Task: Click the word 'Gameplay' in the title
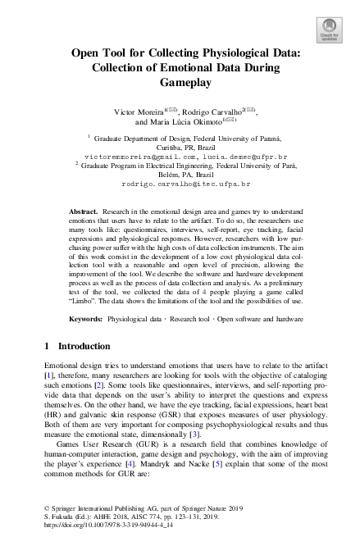(x=180, y=83)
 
